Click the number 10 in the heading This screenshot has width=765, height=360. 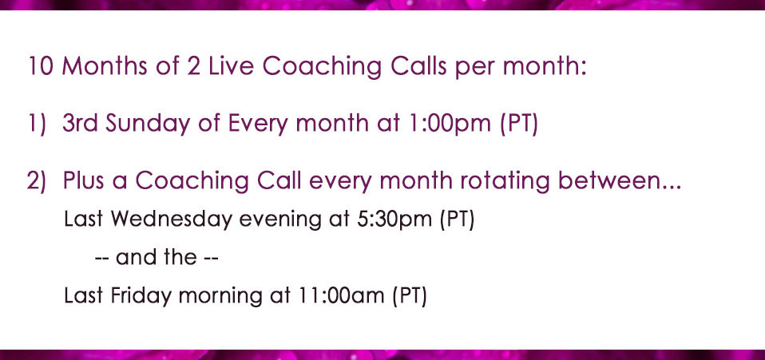point(41,65)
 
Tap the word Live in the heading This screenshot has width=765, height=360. point(232,65)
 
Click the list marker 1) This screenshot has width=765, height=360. point(37,124)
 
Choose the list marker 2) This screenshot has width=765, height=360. point(37,181)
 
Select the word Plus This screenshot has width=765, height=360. point(83,181)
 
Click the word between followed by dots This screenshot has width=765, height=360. point(619,181)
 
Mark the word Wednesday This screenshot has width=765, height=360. point(171,220)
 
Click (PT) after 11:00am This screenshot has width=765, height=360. point(410,296)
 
